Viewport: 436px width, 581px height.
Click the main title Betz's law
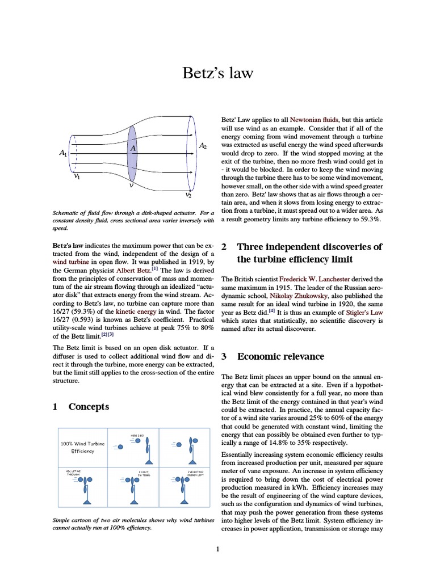pyautogui.click(x=217, y=73)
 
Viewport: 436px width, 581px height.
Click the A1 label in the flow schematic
pyautogui.click(x=62, y=153)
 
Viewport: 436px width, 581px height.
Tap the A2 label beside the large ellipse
pyautogui.click(x=203, y=146)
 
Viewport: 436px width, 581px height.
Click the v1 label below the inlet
pyautogui.click(x=77, y=177)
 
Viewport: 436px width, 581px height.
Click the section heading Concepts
pyautogui.click(x=89, y=407)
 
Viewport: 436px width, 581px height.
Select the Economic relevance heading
pyautogui.click(x=280, y=356)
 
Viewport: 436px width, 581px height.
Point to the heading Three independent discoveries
pyautogui.click(x=309, y=247)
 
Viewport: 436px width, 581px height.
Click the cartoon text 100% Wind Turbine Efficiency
pyautogui.click(x=83, y=447)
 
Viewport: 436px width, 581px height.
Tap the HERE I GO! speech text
pyautogui.click(x=137, y=434)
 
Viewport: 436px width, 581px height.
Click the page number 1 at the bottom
pyautogui.click(x=217, y=549)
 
